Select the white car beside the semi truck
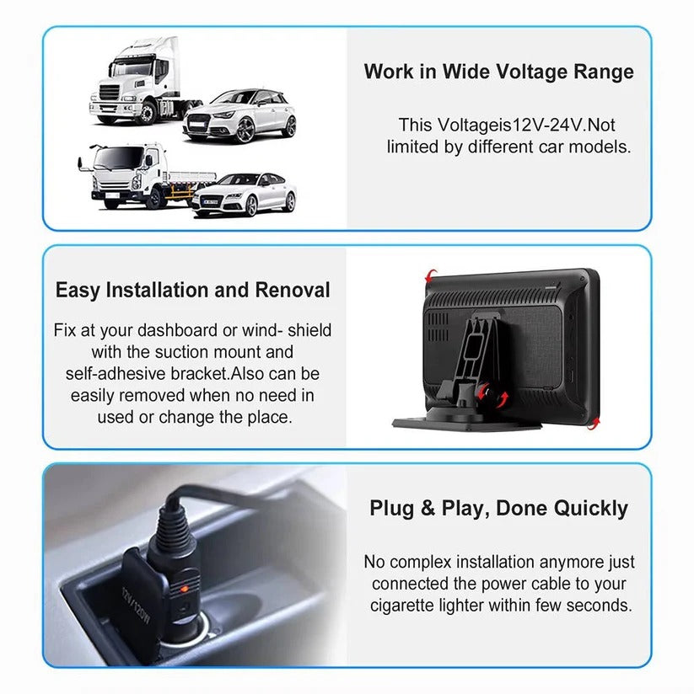(x=240, y=116)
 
